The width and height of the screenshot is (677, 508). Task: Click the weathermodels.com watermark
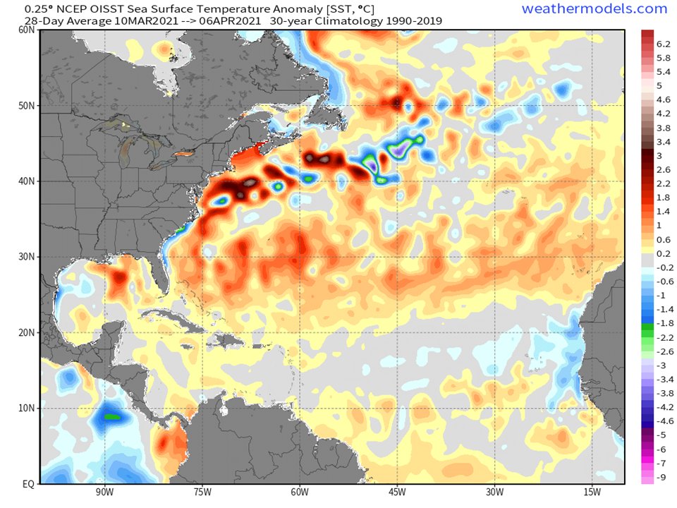(594, 9)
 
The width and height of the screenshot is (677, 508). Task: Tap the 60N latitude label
(26, 30)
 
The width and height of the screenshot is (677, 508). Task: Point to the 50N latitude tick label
(26, 106)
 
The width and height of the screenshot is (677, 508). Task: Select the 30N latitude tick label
(26, 257)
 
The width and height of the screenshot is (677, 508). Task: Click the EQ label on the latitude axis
(28, 484)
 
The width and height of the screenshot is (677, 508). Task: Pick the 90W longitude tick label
(104, 492)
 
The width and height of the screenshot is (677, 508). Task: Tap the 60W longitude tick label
(300, 492)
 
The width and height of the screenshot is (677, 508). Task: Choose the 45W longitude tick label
(397, 492)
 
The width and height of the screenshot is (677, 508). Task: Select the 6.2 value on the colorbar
(664, 44)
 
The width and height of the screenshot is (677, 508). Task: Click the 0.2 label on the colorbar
(664, 253)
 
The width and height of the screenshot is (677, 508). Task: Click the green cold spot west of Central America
(111, 416)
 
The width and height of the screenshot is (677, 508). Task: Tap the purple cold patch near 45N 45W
(401, 148)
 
